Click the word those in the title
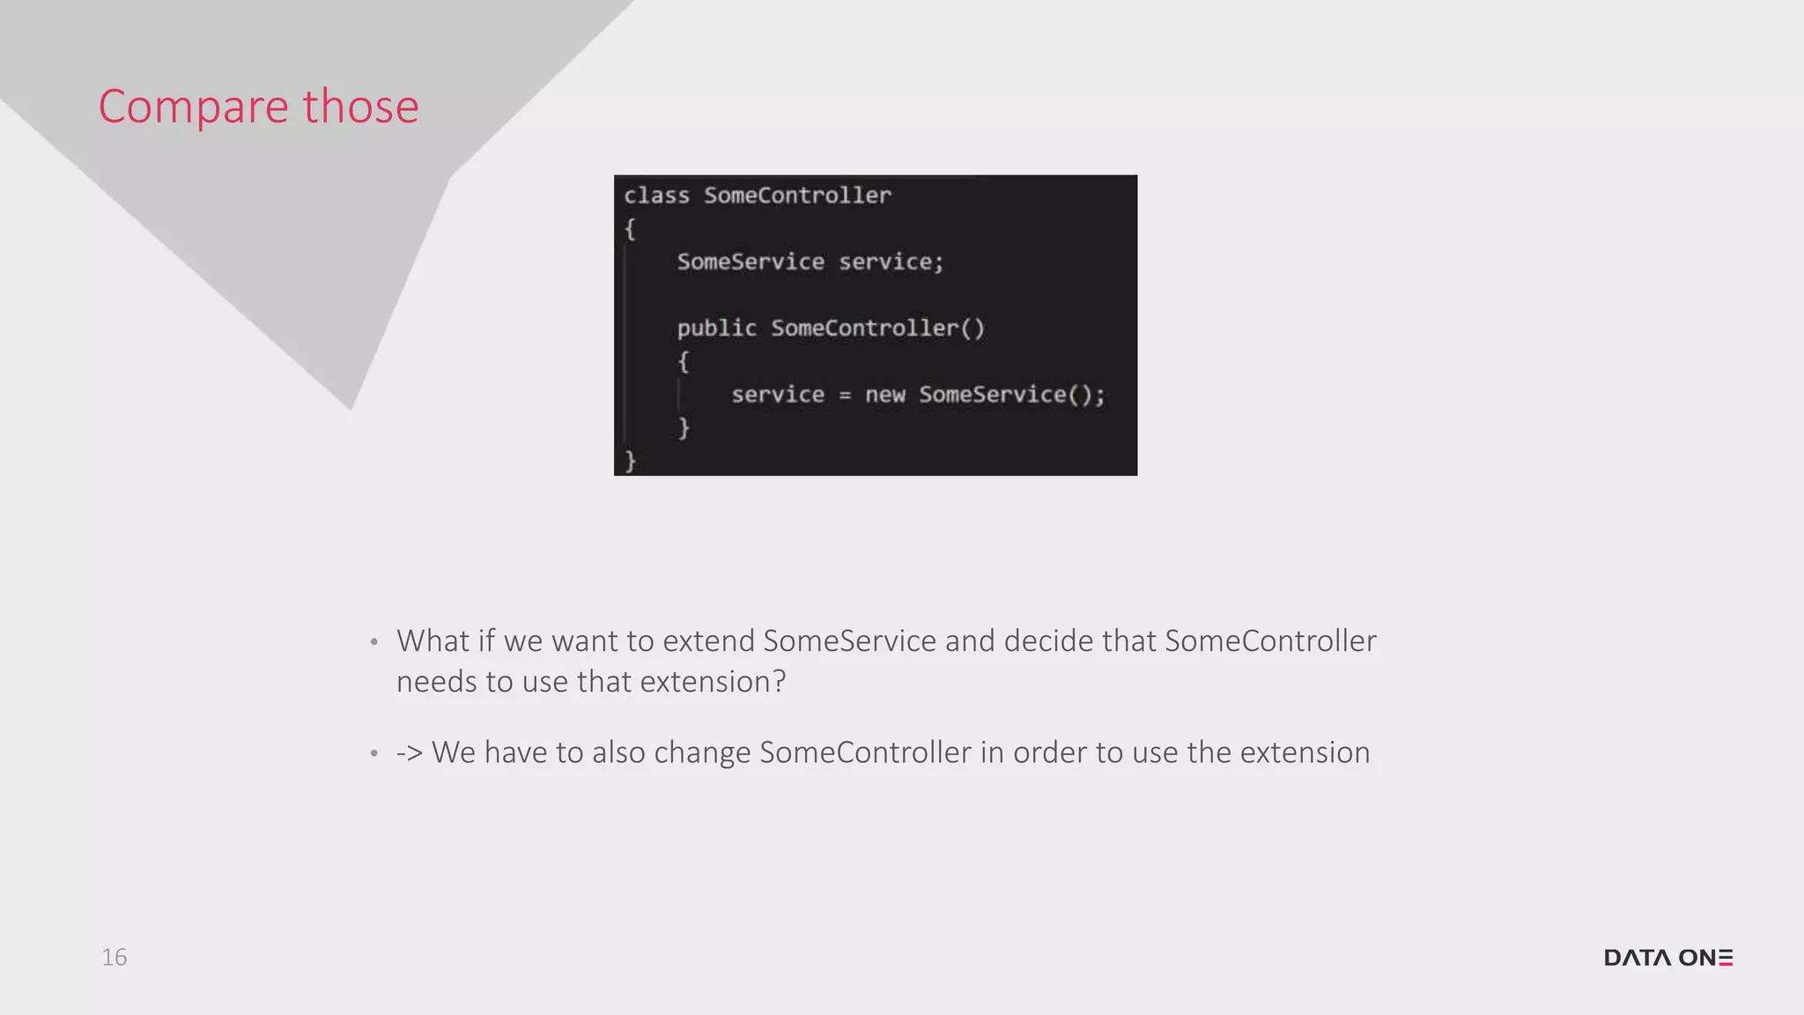point(361,107)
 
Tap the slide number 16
point(115,957)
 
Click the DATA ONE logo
point(1667,958)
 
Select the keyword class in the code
point(656,196)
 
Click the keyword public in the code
point(716,329)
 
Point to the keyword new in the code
point(884,395)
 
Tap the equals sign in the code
point(845,396)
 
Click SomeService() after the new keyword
point(1011,395)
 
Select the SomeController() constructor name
point(877,329)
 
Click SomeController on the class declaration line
point(797,196)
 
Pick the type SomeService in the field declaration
point(750,262)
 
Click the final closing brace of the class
point(630,461)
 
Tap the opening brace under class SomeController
point(630,229)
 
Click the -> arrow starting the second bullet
point(410,753)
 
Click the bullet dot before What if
point(374,642)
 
